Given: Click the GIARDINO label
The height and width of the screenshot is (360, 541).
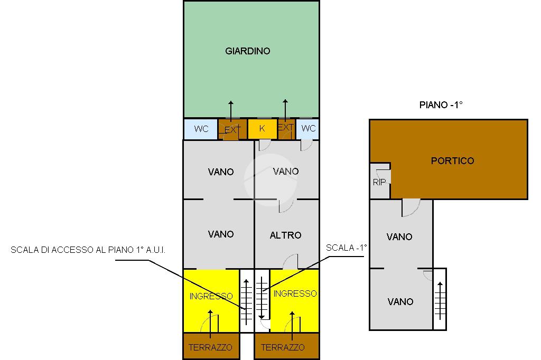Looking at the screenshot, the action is click(248, 51).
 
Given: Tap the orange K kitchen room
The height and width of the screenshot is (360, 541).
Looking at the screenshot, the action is click(262, 128).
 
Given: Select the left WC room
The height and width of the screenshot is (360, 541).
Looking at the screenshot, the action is click(201, 129).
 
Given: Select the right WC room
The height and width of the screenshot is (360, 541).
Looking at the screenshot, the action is click(309, 128).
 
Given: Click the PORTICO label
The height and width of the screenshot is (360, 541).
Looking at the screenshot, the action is click(453, 160).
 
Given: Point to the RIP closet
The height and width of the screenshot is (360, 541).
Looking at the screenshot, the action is click(379, 182).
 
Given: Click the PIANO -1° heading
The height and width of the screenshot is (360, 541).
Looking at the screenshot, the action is click(441, 105).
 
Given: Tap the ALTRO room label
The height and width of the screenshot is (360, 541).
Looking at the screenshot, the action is click(285, 235).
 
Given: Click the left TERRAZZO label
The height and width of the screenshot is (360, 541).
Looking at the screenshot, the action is click(210, 347).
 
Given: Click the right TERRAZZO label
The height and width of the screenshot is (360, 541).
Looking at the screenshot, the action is click(283, 347).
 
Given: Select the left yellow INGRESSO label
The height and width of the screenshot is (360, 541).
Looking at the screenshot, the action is click(211, 296).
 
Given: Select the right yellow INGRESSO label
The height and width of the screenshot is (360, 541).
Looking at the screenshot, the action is click(295, 293).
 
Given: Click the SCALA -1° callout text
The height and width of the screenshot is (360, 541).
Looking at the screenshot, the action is click(346, 247).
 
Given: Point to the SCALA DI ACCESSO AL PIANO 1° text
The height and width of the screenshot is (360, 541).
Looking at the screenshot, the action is click(88, 250).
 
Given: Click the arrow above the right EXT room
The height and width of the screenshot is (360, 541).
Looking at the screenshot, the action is click(285, 109).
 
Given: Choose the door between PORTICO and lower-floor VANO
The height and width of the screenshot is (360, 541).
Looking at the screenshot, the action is click(411, 207).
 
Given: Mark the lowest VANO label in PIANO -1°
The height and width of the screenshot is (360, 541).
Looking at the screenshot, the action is click(400, 301).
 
